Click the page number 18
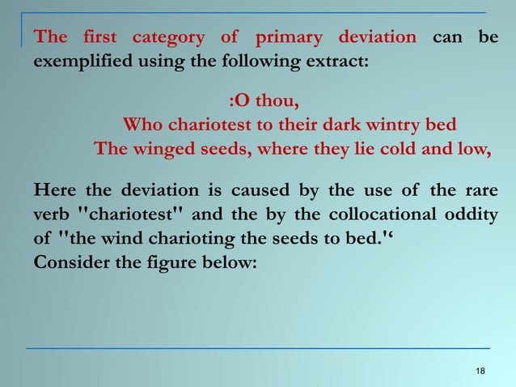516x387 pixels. point(481,371)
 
